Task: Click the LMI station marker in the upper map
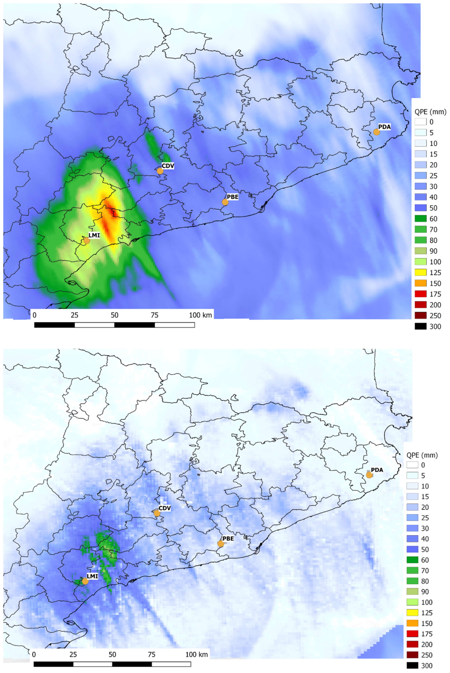87,241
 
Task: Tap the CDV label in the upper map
168,166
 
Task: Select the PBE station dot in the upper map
225,202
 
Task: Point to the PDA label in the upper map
384,126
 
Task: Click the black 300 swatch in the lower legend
412,666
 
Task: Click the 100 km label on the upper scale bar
200,315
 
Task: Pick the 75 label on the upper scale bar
154,315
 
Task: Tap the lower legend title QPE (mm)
422,455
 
